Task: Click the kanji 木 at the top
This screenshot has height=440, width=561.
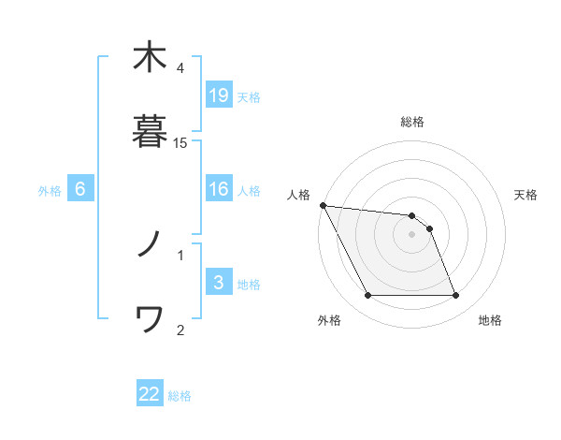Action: [149, 58]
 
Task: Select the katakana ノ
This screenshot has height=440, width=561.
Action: [149, 245]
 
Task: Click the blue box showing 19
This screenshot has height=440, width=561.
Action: [219, 95]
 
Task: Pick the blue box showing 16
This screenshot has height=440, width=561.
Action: [219, 189]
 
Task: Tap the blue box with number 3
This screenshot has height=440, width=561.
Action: [219, 284]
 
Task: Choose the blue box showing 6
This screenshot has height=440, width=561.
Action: [80, 189]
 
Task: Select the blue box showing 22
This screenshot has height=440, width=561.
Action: [150, 394]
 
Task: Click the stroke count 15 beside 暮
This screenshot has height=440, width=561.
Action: [180, 142]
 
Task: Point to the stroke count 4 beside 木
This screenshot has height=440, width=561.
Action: [180, 68]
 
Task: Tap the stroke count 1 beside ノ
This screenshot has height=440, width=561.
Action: [180, 254]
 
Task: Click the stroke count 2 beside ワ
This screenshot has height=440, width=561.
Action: [180, 329]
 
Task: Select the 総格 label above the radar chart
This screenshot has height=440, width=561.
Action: [411, 122]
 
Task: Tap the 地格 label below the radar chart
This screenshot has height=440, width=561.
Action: [490, 320]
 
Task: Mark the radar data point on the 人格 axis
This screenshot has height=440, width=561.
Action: [323, 205]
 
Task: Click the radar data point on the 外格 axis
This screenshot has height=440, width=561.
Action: [367, 296]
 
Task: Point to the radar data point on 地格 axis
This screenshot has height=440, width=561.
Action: [455, 296]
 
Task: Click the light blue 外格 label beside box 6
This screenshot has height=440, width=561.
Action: [50, 191]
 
